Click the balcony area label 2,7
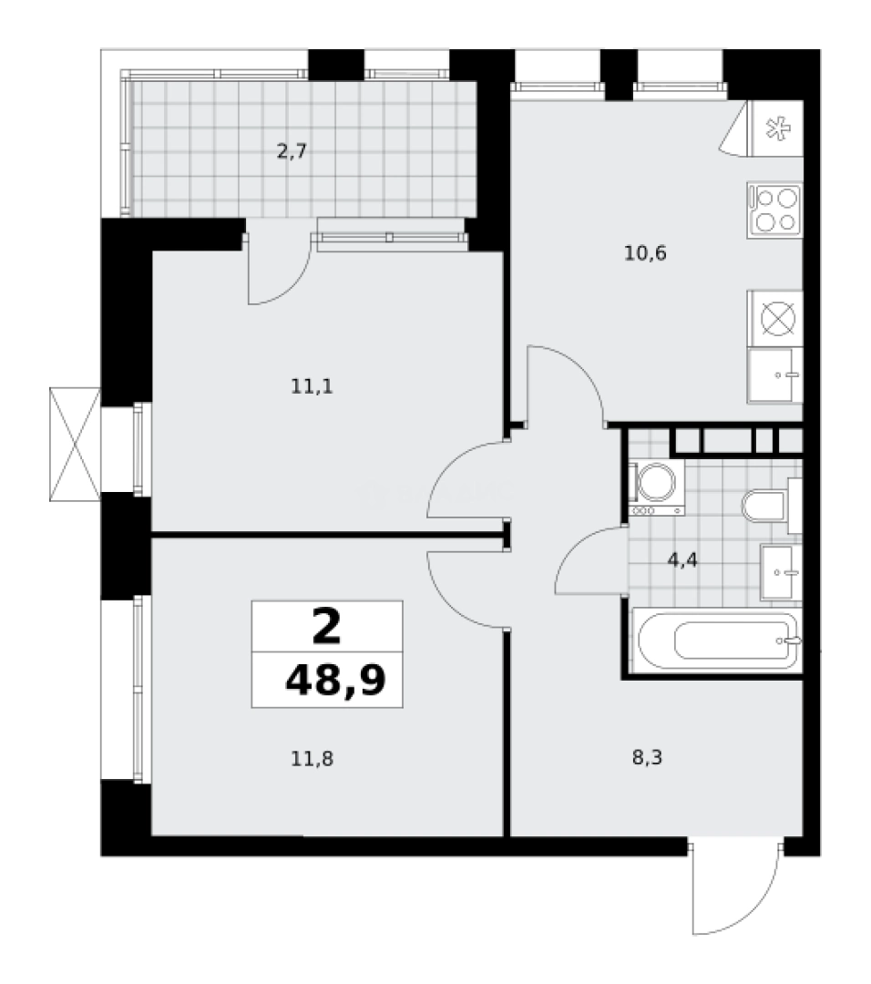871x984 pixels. pyautogui.click(x=292, y=151)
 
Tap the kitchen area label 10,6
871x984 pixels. pyautogui.click(x=646, y=253)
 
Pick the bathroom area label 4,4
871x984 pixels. pyautogui.click(x=682, y=560)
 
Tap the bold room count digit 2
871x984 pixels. pyautogui.click(x=327, y=626)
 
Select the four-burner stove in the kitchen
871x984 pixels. pyautogui.click(x=774, y=210)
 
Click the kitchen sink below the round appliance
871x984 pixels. pyautogui.click(x=775, y=374)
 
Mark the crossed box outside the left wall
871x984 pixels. pyautogui.click(x=73, y=444)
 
